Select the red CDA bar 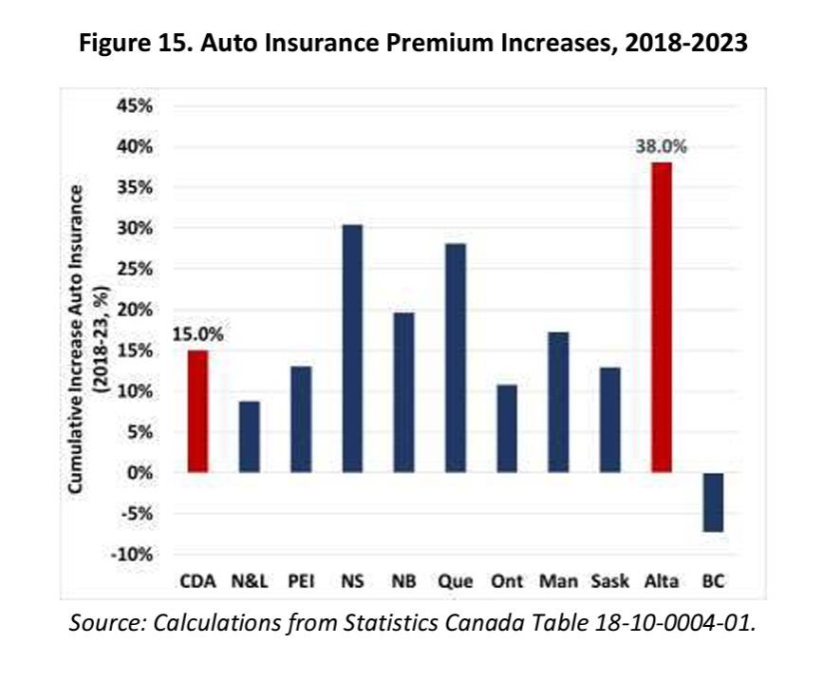point(197,411)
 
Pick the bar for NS point(352,349)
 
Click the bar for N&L point(250,437)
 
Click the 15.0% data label point(197,333)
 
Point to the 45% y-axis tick point(135,105)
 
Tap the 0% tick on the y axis point(140,472)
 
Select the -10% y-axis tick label point(135,554)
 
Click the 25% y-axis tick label point(135,269)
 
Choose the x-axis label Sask point(609,581)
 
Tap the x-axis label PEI point(301,581)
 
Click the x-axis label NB point(403,581)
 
